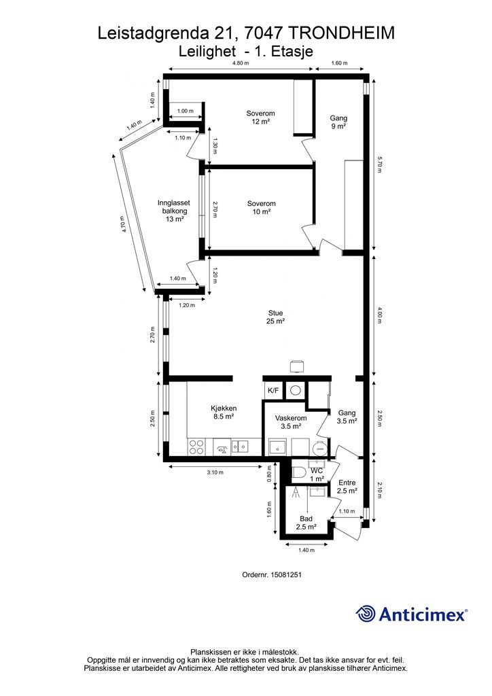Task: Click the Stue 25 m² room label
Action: [x=275, y=317]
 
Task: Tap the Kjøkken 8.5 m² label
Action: [x=224, y=413]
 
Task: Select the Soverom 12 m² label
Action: [x=261, y=117]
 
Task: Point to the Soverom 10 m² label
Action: [x=262, y=207]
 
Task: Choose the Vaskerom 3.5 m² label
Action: [x=291, y=422]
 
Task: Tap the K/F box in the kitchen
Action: [x=273, y=391]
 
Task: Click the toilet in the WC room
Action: [x=298, y=473]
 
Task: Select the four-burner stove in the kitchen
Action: [x=196, y=447]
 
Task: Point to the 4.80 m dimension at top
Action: [x=241, y=63]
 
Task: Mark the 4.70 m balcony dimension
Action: [x=124, y=224]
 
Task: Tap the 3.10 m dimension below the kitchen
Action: [x=215, y=472]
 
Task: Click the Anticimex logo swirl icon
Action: [x=365, y=614]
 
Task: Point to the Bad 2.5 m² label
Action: [x=306, y=523]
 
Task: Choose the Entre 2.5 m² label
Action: [x=347, y=487]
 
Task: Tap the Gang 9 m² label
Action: [x=338, y=122]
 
